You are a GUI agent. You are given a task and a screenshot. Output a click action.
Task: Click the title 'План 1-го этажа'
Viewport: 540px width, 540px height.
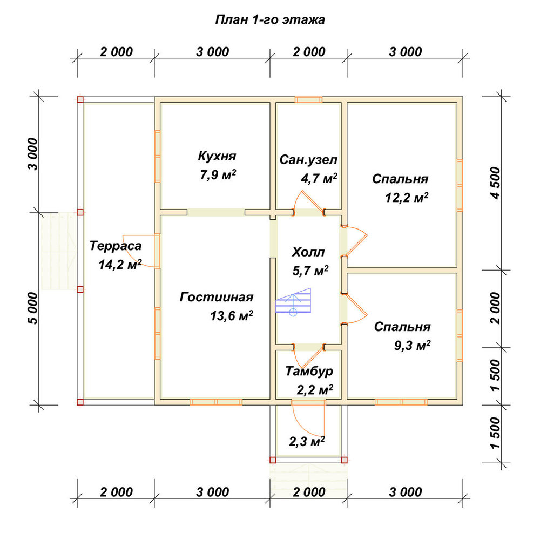pyautogui.click(x=269, y=20)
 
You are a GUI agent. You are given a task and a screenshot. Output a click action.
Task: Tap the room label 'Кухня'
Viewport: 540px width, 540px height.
pyautogui.click(x=217, y=156)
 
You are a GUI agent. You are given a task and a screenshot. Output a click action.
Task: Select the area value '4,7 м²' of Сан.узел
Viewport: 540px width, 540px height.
pyautogui.click(x=319, y=178)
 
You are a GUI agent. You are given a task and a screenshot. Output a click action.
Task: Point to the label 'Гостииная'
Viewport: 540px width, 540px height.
pyautogui.click(x=217, y=297)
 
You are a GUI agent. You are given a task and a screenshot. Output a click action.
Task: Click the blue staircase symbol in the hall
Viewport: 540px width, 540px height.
pyautogui.click(x=293, y=302)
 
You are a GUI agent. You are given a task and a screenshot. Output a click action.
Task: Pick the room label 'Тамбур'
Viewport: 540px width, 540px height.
pyautogui.click(x=309, y=372)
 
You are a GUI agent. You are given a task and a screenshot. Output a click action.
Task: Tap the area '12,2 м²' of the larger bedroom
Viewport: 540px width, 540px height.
pyautogui.click(x=407, y=198)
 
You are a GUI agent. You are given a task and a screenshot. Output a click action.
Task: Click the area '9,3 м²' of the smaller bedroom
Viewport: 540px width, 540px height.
pyautogui.click(x=412, y=345)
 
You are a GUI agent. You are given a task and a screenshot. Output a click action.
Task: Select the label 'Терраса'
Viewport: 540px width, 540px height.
pyautogui.click(x=116, y=246)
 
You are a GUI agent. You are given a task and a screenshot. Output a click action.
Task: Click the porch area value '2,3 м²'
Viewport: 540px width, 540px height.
pyautogui.click(x=307, y=441)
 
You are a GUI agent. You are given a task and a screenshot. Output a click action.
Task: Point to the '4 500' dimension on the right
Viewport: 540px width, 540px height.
pyautogui.click(x=495, y=183)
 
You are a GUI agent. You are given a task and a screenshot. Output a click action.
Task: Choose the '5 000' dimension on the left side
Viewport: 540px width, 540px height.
pyautogui.click(x=33, y=308)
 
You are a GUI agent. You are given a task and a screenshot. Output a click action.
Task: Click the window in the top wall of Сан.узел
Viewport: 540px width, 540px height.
pyautogui.click(x=308, y=100)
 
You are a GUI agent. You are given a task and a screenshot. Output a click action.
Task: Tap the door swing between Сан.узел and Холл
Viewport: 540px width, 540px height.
pyautogui.click(x=308, y=203)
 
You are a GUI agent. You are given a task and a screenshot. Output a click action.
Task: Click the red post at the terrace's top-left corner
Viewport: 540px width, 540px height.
pyautogui.click(x=80, y=100)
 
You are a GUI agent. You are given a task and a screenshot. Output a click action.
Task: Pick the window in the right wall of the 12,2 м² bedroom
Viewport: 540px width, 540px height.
pyautogui.click(x=460, y=185)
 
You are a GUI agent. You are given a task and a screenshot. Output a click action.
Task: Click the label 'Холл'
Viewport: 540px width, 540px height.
pyautogui.click(x=308, y=252)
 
